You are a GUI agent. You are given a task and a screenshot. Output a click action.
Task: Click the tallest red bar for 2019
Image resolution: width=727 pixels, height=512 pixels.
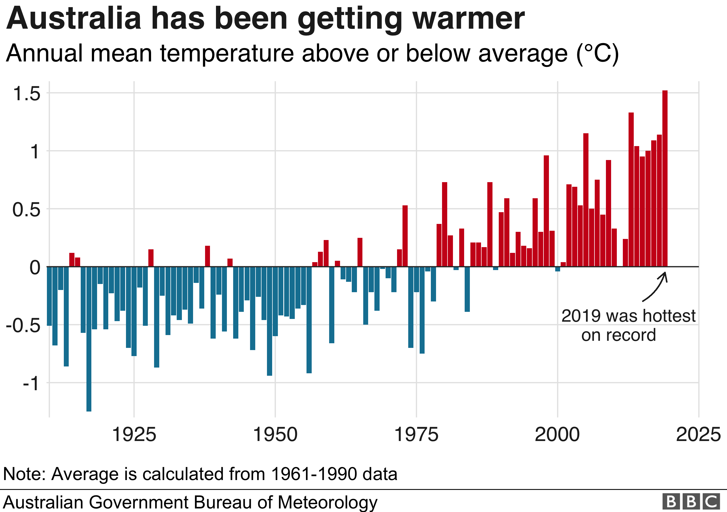tap(665, 177)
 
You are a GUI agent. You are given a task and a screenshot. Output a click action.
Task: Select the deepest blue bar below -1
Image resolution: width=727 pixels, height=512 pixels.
tap(89, 339)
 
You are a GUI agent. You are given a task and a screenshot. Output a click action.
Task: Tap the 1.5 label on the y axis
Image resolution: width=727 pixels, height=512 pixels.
tap(27, 94)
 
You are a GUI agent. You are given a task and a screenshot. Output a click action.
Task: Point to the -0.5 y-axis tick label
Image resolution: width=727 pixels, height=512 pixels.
tap(23, 325)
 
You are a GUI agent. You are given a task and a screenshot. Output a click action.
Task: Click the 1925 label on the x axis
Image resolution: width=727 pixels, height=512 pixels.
tap(134, 434)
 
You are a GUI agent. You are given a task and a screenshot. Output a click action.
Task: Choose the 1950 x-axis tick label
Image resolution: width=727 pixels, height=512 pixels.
tap(275, 434)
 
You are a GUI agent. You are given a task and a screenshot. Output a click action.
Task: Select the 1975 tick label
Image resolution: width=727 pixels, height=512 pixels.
tap(416, 434)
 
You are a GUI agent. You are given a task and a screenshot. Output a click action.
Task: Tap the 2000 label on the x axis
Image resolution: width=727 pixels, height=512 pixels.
tap(557, 434)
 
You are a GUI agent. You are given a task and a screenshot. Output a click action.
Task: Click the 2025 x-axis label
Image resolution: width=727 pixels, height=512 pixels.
tap(698, 434)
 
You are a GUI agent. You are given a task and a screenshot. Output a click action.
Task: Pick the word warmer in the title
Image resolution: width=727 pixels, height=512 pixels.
tap(469, 19)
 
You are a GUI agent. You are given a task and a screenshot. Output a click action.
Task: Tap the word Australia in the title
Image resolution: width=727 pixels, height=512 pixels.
tap(73, 19)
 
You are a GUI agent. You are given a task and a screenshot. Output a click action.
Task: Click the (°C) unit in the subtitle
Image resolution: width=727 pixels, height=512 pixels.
tap(597, 54)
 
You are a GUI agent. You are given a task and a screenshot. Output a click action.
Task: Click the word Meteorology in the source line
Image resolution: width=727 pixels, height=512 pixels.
tap(328, 502)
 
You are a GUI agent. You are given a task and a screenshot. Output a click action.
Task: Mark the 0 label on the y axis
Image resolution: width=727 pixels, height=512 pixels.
tap(35, 267)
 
